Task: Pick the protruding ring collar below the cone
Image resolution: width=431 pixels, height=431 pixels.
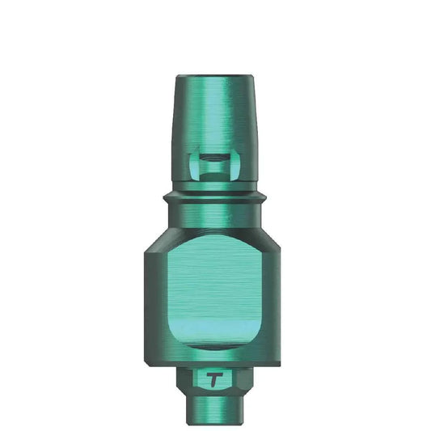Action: point(215,196)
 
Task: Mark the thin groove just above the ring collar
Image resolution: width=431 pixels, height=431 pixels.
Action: point(215,188)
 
